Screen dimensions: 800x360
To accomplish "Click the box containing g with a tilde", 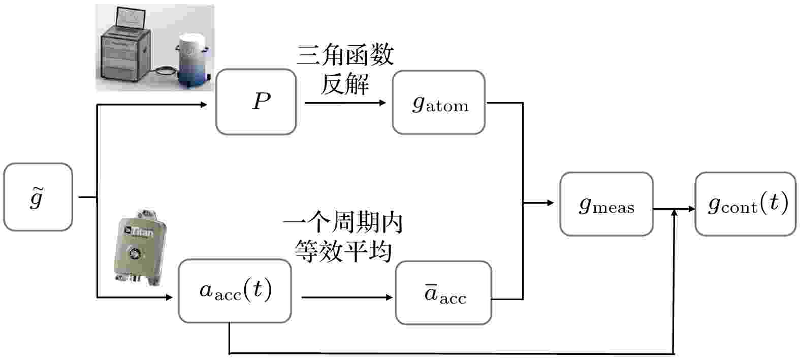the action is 38,197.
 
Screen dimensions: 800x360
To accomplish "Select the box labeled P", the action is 256,102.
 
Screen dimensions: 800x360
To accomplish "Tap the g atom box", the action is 438,103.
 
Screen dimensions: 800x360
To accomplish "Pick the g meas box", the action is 606,204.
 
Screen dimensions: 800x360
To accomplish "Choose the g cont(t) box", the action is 746,204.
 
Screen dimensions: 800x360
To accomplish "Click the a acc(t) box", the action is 235,291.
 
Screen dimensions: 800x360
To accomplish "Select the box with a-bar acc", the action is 443,293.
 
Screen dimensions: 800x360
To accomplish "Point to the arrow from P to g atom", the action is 345,103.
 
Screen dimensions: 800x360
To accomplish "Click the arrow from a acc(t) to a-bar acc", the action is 347,297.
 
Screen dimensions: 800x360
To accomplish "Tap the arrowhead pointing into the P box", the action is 204,105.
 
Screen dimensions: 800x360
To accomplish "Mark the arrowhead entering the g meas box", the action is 551,203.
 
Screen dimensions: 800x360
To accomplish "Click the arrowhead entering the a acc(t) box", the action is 169,297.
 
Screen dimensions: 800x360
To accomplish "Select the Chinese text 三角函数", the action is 345,55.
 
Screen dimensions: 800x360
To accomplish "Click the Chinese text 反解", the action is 345,84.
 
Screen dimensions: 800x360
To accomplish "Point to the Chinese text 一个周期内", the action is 343,222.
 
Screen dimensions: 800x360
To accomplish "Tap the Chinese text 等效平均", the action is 343,251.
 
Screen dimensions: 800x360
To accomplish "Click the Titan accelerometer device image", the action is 140,247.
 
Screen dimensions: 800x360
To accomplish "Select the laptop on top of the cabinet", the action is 131,19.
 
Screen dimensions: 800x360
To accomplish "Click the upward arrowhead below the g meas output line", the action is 675,213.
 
